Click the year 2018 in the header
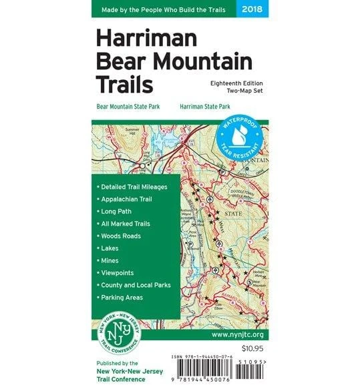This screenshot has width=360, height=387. (253, 9)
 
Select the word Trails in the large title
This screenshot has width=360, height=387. (124, 84)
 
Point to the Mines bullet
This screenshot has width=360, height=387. (110, 260)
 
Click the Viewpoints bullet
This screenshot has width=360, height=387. (117, 272)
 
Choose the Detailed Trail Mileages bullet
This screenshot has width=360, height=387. (133, 187)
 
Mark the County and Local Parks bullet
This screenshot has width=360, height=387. (135, 285)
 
